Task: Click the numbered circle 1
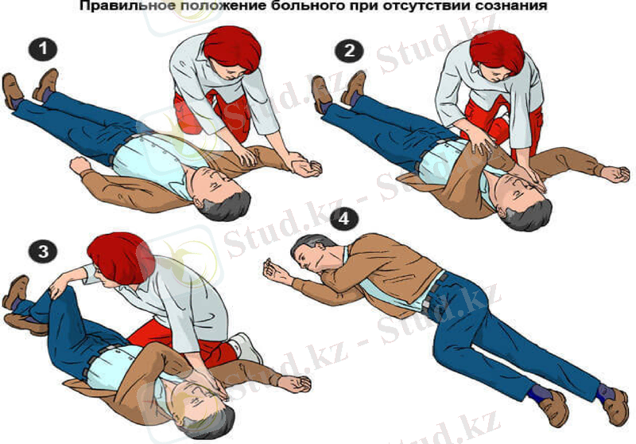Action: [43, 49]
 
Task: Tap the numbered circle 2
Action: [349, 51]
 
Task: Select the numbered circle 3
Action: [43, 251]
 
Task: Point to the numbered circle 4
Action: [344, 220]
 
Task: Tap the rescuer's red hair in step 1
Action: [232, 49]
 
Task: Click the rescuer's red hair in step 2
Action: [498, 51]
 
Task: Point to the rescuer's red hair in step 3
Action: [121, 259]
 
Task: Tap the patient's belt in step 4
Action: [436, 292]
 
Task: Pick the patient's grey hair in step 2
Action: [527, 215]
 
